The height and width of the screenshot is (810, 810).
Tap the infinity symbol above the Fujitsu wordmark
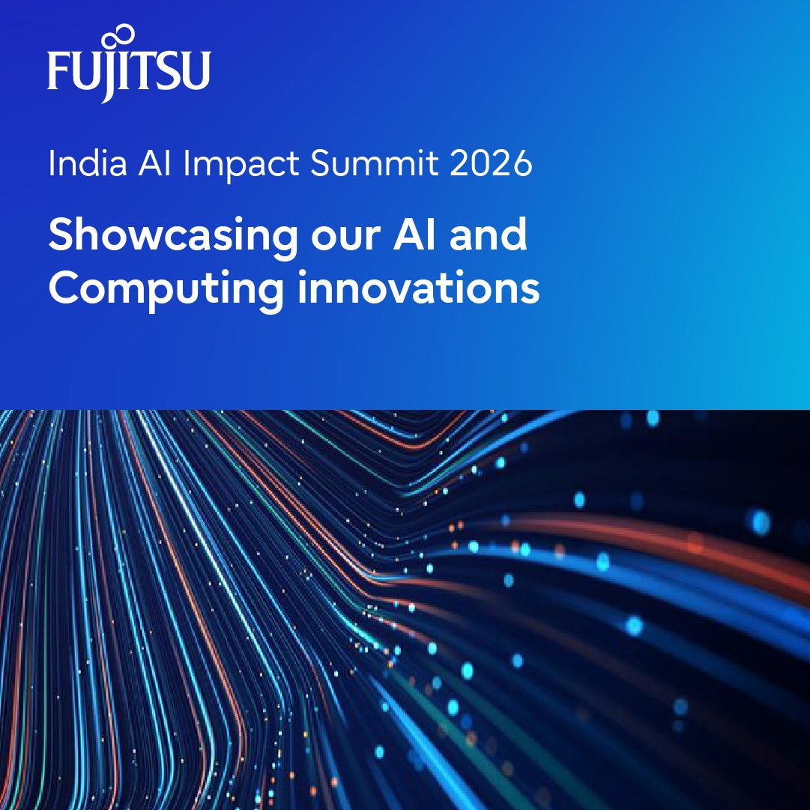click(119, 37)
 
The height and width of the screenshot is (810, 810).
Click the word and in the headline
click(492, 236)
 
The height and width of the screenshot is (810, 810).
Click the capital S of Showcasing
click(62, 236)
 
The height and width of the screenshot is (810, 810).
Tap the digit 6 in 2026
click(522, 164)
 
